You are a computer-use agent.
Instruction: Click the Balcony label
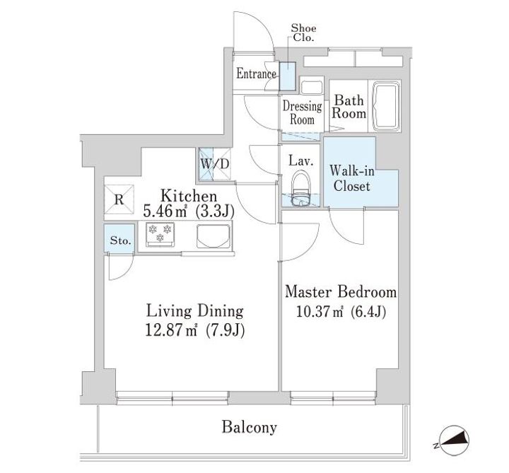click(x=248, y=428)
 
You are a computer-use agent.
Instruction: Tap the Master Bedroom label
click(x=339, y=292)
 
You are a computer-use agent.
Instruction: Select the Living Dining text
click(x=194, y=310)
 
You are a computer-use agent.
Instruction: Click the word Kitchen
click(x=187, y=196)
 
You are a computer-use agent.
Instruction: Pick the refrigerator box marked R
click(x=119, y=199)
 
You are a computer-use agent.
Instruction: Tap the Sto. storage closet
click(x=120, y=240)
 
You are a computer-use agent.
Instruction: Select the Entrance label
click(x=256, y=74)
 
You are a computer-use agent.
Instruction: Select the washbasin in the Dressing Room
click(x=311, y=90)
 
